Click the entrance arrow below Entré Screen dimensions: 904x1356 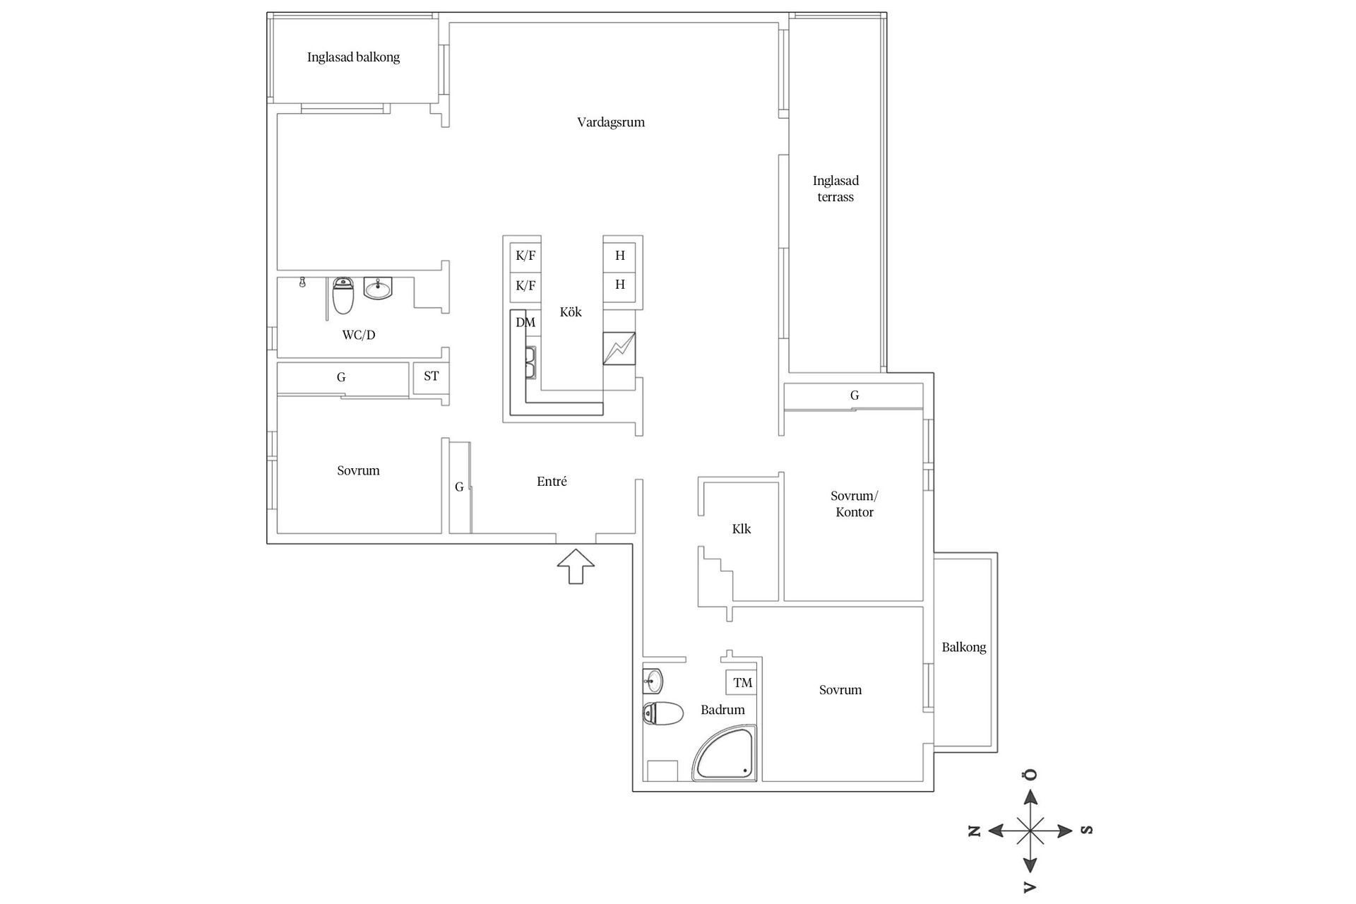[576, 566]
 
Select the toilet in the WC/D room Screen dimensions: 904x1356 [343, 295]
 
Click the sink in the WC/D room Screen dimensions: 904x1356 [378, 288]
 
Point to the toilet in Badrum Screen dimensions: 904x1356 [662, 713]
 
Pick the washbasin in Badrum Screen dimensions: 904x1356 [653, 682]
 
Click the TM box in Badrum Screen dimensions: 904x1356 [742, 683]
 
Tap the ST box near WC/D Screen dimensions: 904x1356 [431, 376]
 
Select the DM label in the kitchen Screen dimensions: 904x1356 [525, 323]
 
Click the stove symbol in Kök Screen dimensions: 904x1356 [619, 348]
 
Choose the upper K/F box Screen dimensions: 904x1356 [525, 256]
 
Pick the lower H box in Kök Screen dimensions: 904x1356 [620, 285]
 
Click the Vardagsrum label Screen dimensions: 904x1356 [611, 122]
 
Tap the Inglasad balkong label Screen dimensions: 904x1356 [353, 57]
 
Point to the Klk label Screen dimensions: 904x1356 [742, 529]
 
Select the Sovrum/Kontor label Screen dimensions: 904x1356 [855, 504]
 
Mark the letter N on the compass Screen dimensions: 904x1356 [975, 831]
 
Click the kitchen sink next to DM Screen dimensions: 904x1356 [530, 362]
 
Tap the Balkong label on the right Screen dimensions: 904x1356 [963, 647]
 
